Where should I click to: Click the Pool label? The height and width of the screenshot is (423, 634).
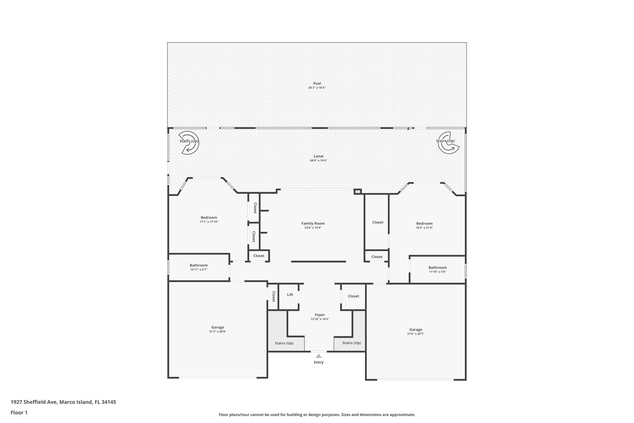point(317,83)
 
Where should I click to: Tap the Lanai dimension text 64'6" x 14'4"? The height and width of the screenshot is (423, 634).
point(318,161)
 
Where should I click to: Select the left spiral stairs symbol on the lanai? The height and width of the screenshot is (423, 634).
point(189,142)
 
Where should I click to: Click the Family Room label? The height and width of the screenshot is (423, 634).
point(313,223)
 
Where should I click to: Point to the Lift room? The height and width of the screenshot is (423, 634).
point(290,295)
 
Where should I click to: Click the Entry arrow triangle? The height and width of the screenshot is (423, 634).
point(319,356)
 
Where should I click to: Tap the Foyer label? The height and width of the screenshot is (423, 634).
point(319,315)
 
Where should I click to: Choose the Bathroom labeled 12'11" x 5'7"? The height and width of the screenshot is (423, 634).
point(199,267)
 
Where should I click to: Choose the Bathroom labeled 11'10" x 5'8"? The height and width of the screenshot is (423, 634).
point(437,269)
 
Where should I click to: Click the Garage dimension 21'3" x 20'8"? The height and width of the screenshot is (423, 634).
point(218,332)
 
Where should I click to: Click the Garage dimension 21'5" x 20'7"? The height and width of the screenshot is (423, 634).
point(415,334)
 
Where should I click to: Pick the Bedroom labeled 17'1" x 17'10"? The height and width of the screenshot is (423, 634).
point(209,219)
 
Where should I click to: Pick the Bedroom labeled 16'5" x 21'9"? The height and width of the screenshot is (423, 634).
point(424,225)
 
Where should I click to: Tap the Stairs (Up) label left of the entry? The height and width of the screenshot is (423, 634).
point(284,343)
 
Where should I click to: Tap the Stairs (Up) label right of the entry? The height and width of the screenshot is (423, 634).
point(351,343)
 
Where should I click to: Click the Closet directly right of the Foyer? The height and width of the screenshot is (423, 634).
point(353,296)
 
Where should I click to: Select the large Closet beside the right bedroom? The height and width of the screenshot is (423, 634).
point(377,222)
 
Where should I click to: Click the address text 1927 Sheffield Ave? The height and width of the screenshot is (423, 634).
point(34,402)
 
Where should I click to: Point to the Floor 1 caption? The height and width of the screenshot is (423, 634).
point(19,412)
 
